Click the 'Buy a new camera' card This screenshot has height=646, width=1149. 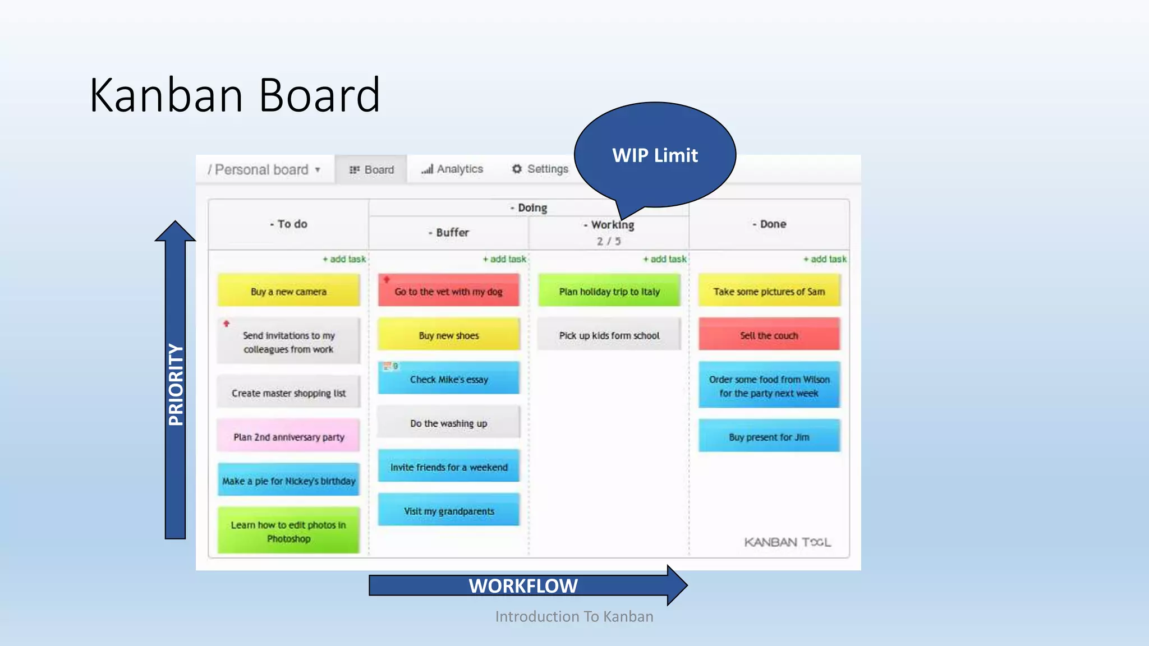tap(288, 290)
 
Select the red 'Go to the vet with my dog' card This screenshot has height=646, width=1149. tap(448, 290)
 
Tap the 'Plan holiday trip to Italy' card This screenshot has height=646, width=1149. tap(609, 290)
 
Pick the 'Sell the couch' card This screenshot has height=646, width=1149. tap(769, 335)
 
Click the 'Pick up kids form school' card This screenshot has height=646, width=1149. tap(609, 335)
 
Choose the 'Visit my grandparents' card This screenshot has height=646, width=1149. tap(448, 510)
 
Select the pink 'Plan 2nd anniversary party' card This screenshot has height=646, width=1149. tap(288, 436)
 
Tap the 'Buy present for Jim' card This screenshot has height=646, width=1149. tap(769, 436)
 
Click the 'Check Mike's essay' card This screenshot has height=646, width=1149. tap(448, 379)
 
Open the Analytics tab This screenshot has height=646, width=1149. tap(453, 169)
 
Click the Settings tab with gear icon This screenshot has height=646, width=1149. tap(540, 169)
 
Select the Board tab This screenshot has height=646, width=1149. tap(371, 169)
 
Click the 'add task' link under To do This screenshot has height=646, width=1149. tap(344, 259)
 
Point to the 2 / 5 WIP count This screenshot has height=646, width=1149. tap(609, 241)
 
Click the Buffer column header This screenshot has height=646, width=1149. tap(449, 232)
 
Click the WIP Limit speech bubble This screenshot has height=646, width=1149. tap(655, 155)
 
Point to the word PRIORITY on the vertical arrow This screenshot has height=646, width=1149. tap(176, 385)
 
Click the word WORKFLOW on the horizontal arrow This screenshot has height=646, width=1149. tap(523, 586)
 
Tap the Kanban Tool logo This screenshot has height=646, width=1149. tap(787, 542)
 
